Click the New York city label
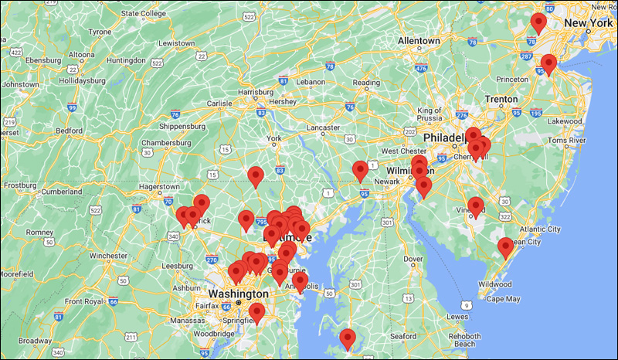588,24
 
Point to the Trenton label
501,99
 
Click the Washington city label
237,294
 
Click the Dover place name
414,259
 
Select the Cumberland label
61,191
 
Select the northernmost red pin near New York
538,22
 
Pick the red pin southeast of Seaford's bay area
348,338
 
